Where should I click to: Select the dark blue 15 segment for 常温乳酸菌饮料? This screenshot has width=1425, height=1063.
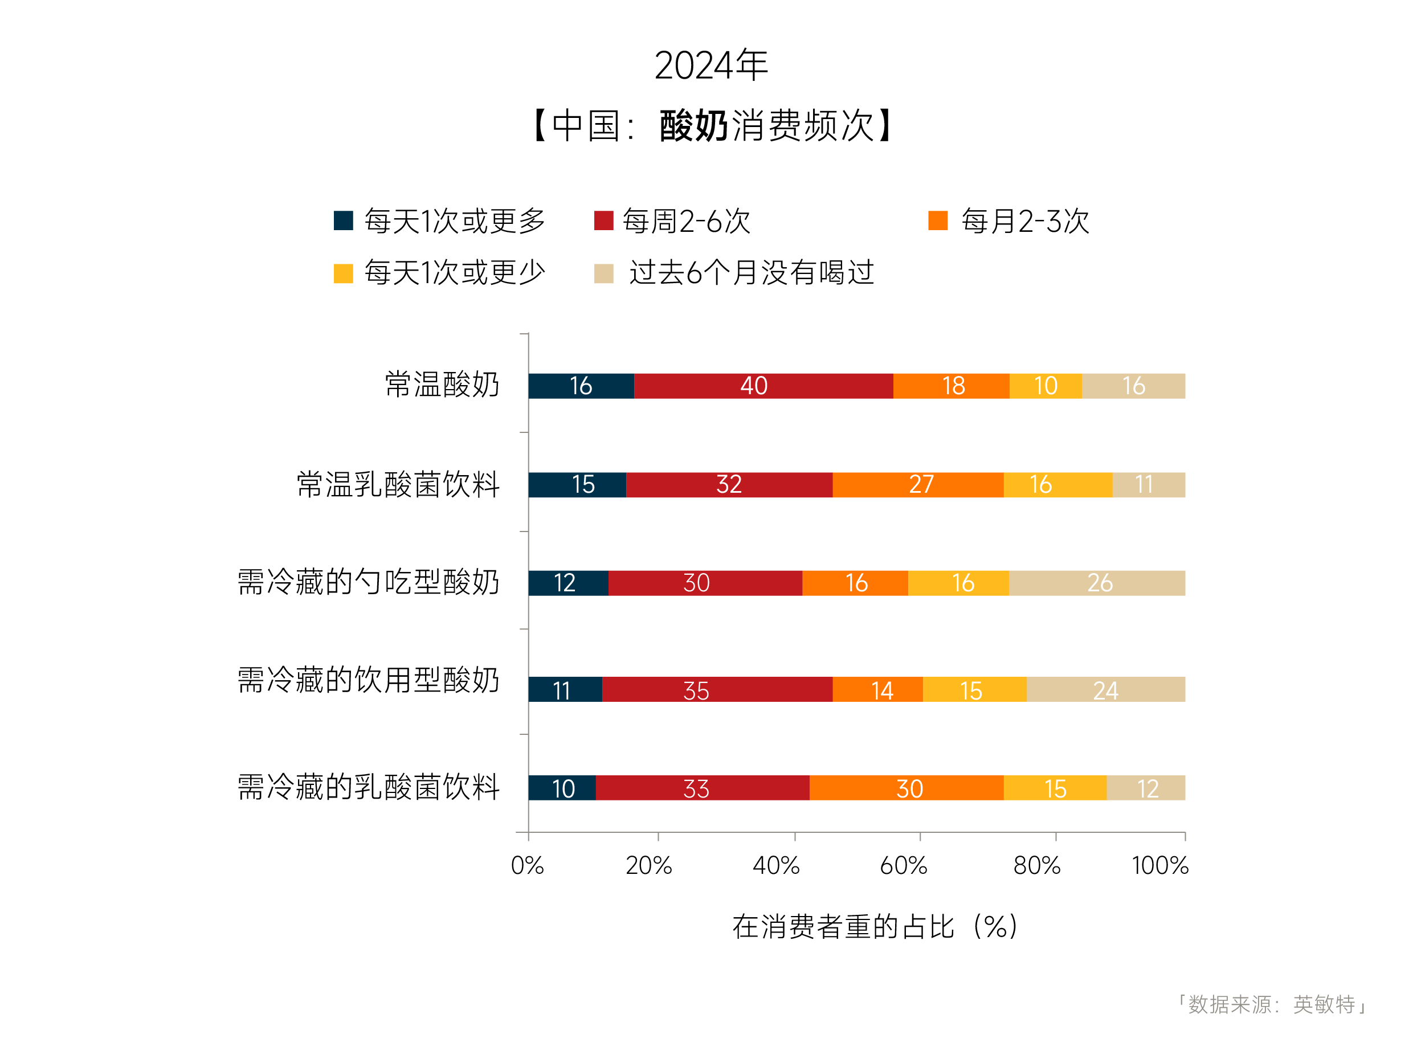click(577, 485)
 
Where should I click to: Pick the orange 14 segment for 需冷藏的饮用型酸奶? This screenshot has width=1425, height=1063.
click(877, 690)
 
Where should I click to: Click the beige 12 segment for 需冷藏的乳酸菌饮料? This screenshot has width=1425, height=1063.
click(1145, 788)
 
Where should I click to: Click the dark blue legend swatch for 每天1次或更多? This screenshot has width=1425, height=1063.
click(343, 220)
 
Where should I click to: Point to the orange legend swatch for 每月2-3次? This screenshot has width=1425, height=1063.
click(937, 220)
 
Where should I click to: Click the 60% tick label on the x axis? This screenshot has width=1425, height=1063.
click(903, 865)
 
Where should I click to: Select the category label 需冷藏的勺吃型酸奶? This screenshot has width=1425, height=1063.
click(368, 583)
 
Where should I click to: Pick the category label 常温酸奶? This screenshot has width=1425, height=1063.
click(442, 385)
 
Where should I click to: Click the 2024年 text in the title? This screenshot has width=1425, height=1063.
click(711, 65)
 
